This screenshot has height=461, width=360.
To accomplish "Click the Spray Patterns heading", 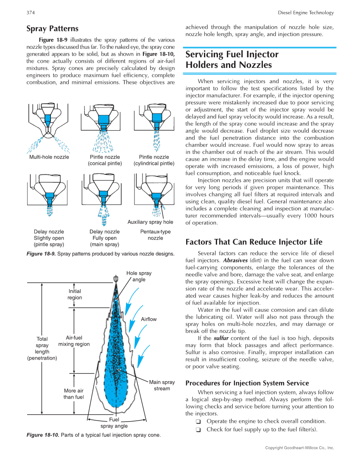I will tap(52, 29).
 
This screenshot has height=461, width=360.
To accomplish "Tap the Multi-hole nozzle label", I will tap(49, 157).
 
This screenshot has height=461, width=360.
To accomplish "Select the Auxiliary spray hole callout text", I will tap(150, 222).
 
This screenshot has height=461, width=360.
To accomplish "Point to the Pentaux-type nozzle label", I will tap(155, 235).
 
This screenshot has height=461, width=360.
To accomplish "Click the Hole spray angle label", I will tap(139, 276).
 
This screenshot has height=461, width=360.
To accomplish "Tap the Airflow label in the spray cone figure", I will tap(149, 319).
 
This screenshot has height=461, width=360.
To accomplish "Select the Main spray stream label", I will tap(162, 386).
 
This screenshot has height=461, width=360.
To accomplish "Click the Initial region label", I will tap(75, 294).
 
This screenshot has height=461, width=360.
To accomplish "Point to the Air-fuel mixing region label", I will tap(74, 341).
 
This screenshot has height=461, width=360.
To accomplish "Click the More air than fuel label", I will tap(74, 394).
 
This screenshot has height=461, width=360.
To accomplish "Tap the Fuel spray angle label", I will tap(114, 423).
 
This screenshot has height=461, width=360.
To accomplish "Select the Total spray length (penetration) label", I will tap(42, 348).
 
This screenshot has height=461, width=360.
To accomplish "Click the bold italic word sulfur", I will tap(221, 338).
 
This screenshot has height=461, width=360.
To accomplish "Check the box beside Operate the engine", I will tap(198, 422).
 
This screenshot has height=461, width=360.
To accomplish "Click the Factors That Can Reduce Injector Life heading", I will tap(254, 242).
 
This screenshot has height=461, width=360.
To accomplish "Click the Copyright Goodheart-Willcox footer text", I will tap(299, 448).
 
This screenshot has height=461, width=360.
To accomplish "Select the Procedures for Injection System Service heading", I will tap(247, 383).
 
